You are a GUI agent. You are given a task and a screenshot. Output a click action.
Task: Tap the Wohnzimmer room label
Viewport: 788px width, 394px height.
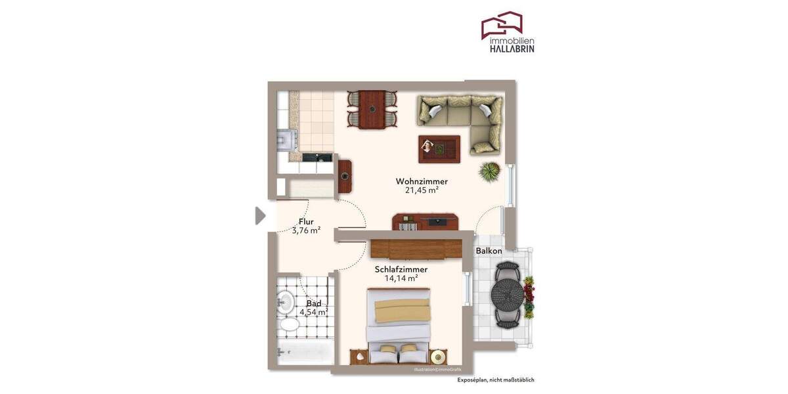point(422,181)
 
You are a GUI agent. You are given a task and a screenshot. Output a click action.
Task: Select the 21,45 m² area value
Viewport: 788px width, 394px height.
point(422,190)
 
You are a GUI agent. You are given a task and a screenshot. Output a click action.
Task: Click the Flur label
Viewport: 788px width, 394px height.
point(306,221)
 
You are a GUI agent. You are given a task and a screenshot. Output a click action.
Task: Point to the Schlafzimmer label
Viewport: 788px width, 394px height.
point(401,269)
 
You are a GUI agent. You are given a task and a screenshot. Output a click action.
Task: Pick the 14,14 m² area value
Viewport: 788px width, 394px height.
point(401,278)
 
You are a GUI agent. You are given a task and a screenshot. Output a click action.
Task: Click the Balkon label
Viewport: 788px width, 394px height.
point(489,251)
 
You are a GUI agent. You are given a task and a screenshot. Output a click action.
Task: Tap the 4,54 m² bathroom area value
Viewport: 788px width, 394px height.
point(313,313)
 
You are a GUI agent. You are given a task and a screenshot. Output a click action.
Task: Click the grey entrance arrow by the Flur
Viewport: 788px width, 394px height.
point(260,215)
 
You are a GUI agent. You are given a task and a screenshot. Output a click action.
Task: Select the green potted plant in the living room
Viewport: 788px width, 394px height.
point(489,172)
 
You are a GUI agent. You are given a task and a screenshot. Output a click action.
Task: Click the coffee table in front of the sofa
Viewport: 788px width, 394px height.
point(439,148)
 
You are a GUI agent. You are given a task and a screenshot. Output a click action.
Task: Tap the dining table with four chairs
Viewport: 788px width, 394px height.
point(372,109)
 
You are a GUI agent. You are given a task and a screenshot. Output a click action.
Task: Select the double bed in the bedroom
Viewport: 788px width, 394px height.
point(400,325)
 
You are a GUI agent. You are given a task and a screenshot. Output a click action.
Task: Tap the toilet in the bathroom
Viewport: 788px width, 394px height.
point(288,325)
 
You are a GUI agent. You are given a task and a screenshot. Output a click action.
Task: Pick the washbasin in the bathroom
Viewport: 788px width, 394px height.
point(286,302)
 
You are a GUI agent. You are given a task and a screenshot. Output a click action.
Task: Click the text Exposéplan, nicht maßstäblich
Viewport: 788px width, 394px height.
point(496,380)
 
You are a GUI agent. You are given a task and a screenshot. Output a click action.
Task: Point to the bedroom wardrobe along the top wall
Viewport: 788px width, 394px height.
point(416,249)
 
